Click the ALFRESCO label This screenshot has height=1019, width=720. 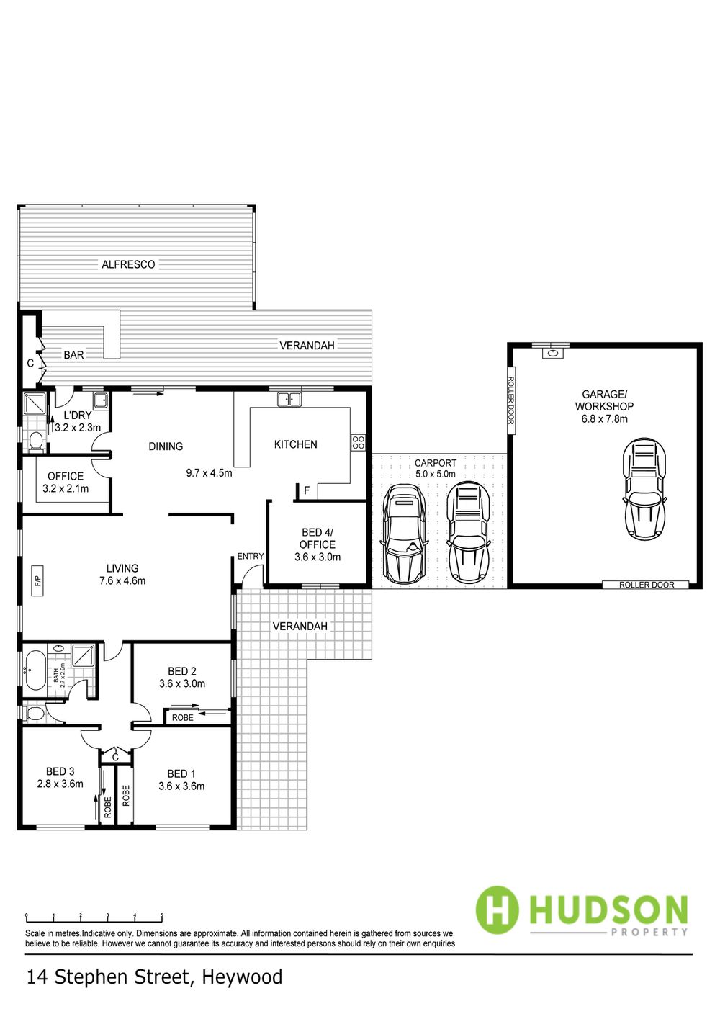pos(128,264)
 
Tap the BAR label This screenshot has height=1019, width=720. pos(73,355)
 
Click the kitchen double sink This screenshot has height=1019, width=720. pos(289,400)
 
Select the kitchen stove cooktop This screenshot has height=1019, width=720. pos(358,443)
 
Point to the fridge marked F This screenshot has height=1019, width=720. pos(307,490)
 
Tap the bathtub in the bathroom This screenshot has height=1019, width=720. pos(35,670)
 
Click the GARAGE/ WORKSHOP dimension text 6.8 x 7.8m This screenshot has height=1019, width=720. pos(605,418)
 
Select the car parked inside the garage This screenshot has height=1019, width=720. pos(644,489)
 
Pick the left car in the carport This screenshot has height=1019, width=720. pos(405,534)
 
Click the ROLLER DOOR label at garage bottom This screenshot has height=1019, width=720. pos(647,585)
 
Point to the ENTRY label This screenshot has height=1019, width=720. pos(250,556)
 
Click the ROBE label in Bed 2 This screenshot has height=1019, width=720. pos(182,717)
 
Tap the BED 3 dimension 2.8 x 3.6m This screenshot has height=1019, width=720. pos(60,784)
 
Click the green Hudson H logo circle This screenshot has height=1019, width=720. pos(497,910)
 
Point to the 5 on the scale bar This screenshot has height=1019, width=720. pos(162,916)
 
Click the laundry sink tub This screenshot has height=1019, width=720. pos(101,400)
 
